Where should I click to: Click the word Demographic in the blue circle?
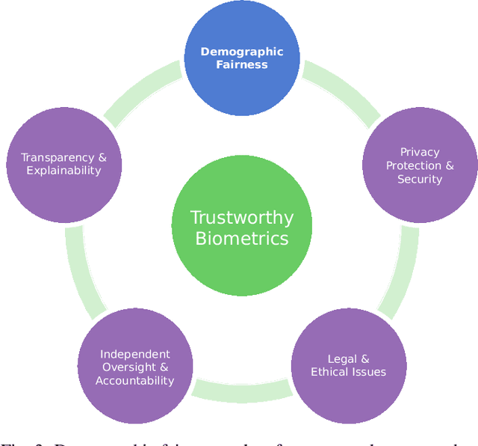pyautogui.click(x=241, y=52)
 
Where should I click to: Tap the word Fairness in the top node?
pyautogui.click(x=241, y=64)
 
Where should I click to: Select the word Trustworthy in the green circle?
pyautogui.click(x=241, y=218)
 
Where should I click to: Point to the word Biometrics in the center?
pyautogui.click(x=241, y=239)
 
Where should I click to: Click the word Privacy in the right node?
pyautogui.click(x=420, y=152)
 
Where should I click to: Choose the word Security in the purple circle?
pyautogui.click(x=420, y=179)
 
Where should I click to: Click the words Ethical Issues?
pyautogui.click(x=348, y=372)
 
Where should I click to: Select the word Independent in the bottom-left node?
pyautogui.click(x=135, y=354)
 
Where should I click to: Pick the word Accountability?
pyautogui.click(x=135, y=380)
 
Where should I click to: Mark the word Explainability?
pyautogui.click(x=63, y=170)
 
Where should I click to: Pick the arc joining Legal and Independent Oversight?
pyautogui.click(x=241, y=390)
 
